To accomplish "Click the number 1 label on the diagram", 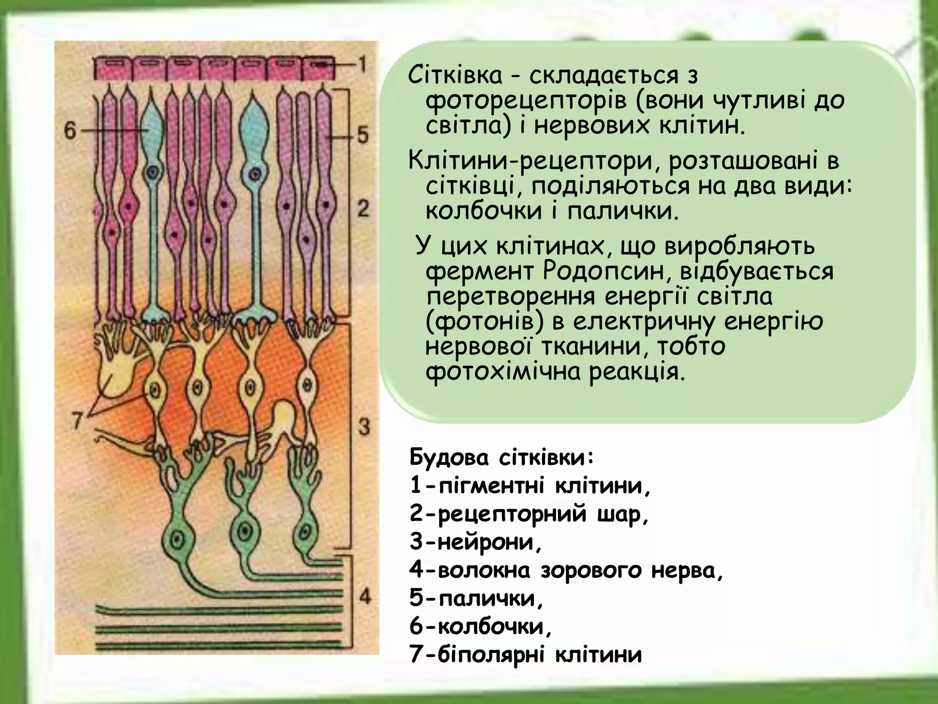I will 362,64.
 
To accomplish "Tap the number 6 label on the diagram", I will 70,131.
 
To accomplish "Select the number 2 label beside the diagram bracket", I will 363,209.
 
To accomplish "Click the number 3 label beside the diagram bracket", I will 364,427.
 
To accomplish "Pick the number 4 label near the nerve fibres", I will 365,596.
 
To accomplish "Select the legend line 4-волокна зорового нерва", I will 566,570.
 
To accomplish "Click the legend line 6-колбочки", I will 480,626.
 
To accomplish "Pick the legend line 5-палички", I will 476,598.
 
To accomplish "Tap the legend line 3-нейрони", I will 476,542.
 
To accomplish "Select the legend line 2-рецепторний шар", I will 529,514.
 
